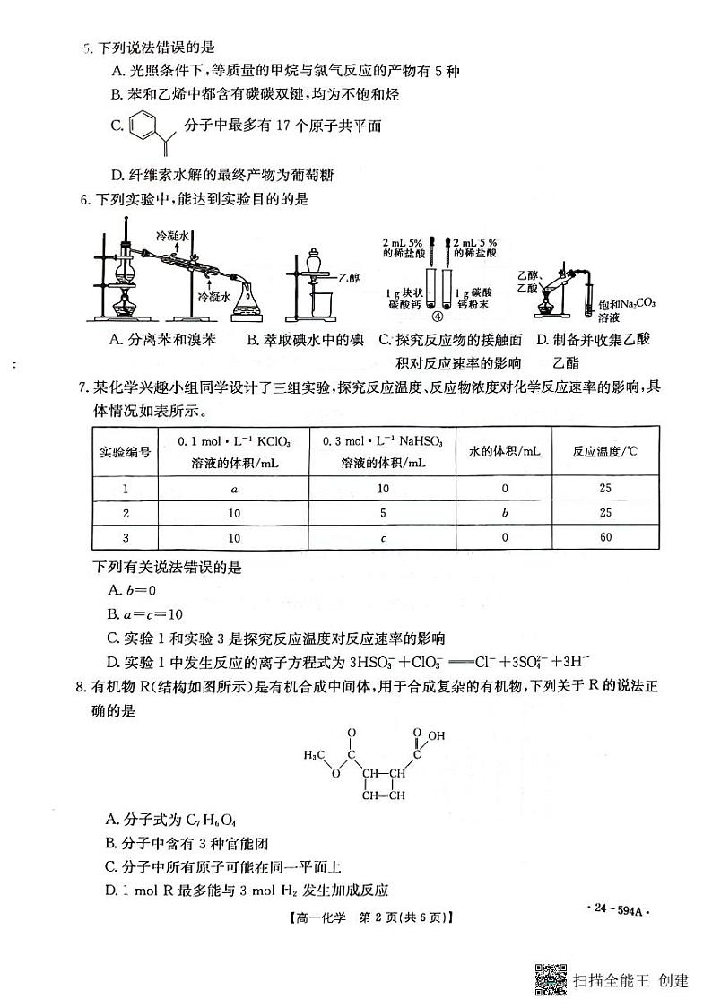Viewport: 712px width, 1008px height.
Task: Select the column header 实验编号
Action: (125, 452)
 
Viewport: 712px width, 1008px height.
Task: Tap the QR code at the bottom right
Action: (551, 978)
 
